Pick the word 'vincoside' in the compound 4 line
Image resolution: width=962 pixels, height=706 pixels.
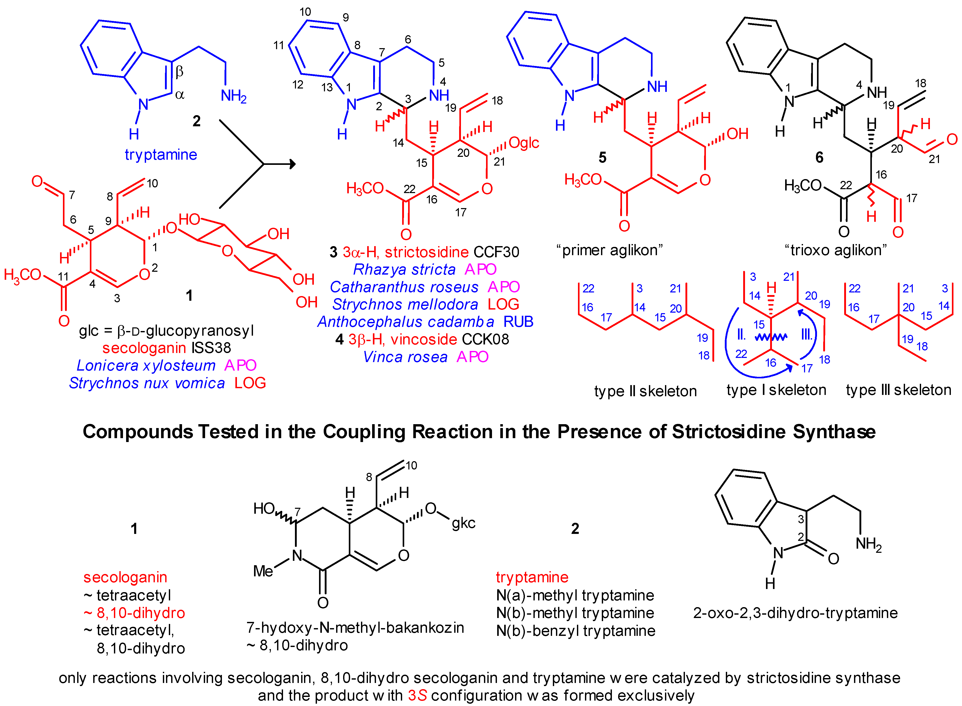click(424, 339)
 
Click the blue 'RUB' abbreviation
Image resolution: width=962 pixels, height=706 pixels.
click(518, 322)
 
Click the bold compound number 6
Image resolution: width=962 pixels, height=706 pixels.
click(819, 158)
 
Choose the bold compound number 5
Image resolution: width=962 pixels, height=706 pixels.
click(602, 158)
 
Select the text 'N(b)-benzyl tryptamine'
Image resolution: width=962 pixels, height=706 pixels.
click(575, 631)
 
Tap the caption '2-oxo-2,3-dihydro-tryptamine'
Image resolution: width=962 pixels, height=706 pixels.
click(795, 613)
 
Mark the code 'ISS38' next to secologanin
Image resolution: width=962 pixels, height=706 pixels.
click(211, 348)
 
